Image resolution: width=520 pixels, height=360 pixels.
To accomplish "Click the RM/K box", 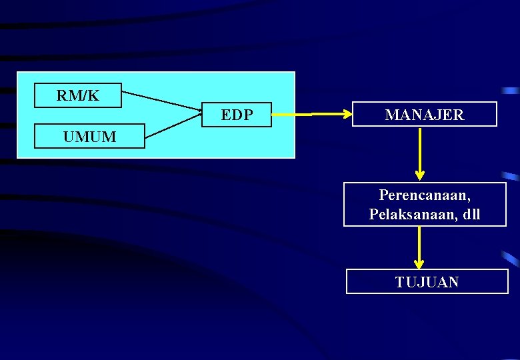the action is click(x=78, y=95).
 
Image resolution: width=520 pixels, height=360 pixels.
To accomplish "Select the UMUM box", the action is click(x=89, y=136).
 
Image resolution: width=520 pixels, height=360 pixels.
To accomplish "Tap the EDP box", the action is click(x=237, y=115).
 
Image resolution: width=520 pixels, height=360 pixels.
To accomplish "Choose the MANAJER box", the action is click(x=424, y=114).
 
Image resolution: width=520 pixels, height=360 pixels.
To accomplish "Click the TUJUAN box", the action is click(x=427, y=281).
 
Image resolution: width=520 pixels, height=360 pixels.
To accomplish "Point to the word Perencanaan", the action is click(x=425, y=195).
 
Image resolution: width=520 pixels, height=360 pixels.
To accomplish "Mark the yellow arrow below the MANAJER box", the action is click(x=419, y=153).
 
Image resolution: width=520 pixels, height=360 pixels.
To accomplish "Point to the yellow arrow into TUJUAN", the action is click(x=419, y=247).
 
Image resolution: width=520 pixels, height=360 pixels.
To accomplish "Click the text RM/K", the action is click(x=78, y=95).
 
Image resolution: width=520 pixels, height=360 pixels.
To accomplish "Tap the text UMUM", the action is click(x=89, y=137).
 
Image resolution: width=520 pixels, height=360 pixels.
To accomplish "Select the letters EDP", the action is click(x=237, y=115).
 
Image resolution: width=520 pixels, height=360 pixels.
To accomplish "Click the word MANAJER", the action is click(x=424, y=115).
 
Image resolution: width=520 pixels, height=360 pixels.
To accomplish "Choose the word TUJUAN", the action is click(x=427, y=282).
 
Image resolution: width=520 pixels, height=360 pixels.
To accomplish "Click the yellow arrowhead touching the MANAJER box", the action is click(x=347, y=115).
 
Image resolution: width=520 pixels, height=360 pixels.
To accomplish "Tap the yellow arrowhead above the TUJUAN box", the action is click(x=419, y=264).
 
